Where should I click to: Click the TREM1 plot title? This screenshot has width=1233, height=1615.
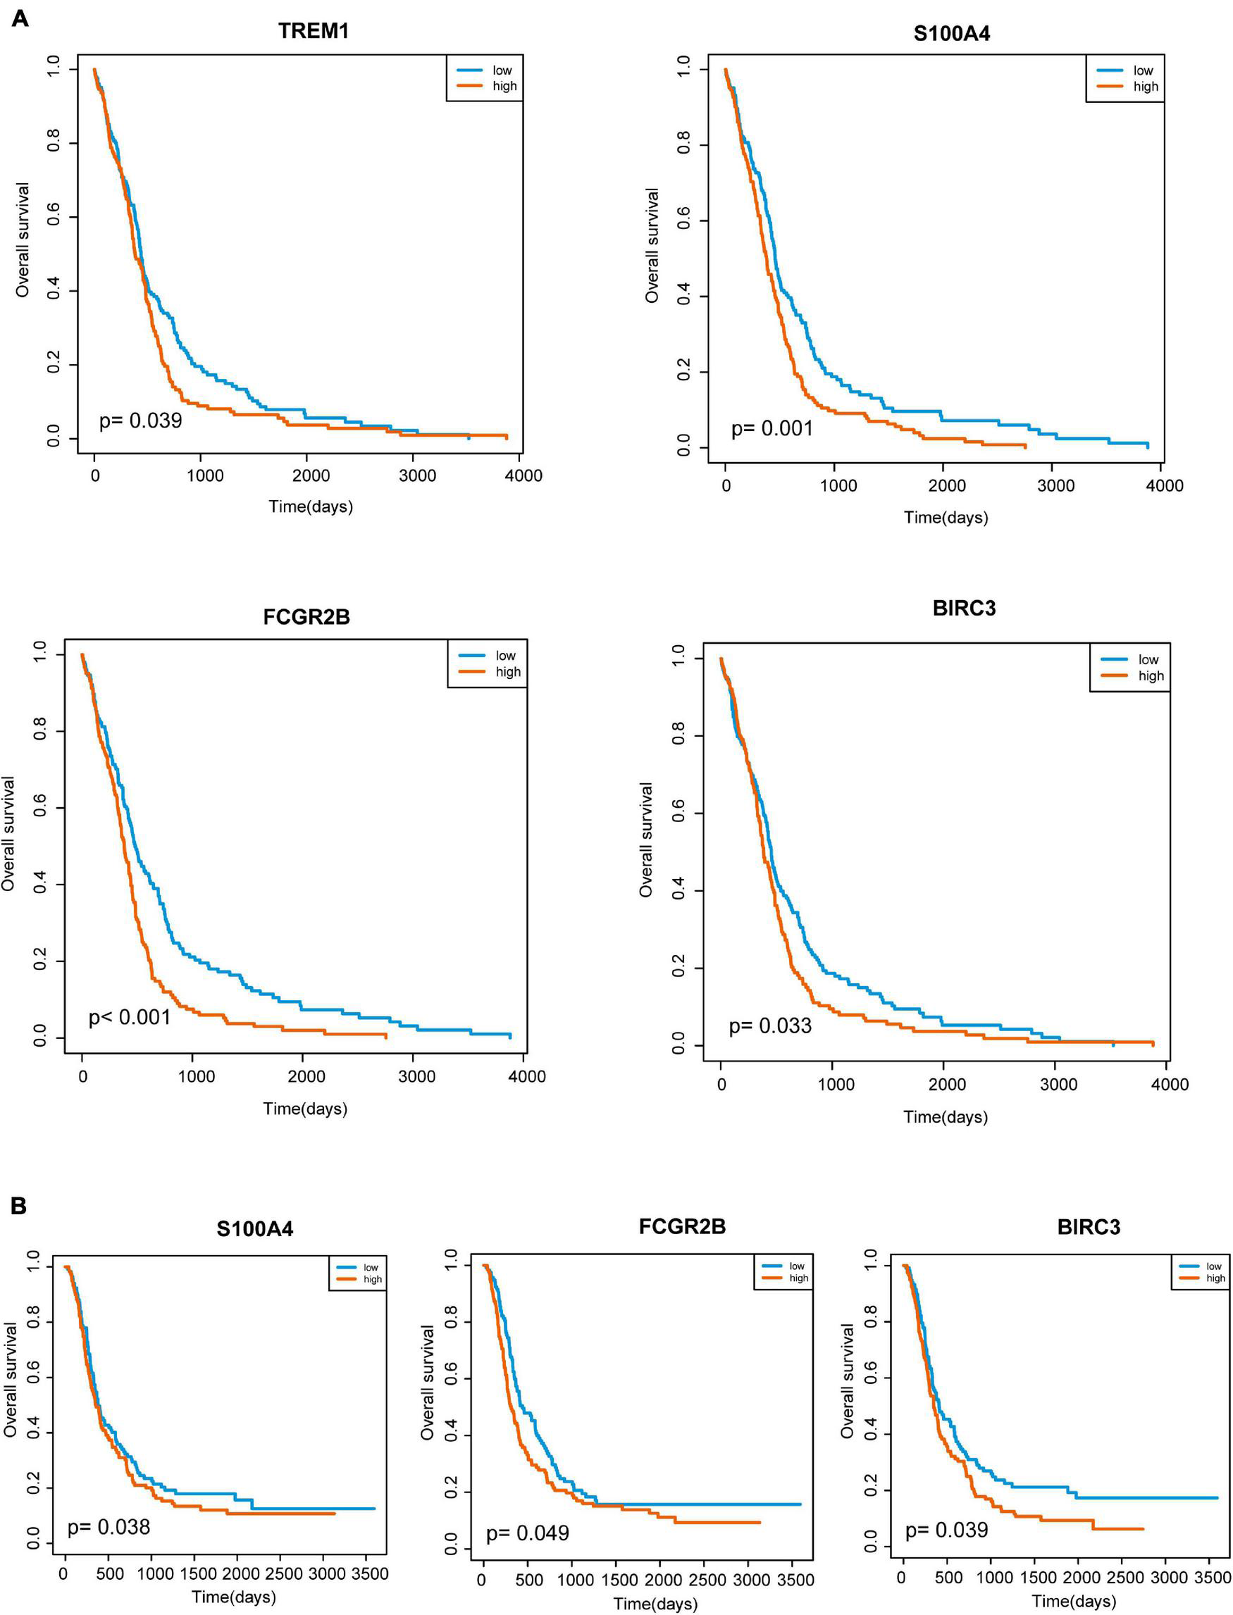[314, 31]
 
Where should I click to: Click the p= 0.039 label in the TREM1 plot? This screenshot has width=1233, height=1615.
[140, 420]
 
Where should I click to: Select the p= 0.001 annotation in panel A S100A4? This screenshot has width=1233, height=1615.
[772, 428]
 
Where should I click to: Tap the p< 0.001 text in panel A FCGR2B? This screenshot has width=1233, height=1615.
[129, 1018]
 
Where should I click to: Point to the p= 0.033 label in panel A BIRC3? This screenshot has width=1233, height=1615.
[770, 1025]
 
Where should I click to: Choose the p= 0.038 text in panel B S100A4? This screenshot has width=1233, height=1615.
[109, 1527]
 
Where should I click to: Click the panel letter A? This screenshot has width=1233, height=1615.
[20, 18]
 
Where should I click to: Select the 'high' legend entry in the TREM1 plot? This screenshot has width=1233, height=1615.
[504, 86]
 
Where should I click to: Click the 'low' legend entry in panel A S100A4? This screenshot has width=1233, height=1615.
[1143, 70]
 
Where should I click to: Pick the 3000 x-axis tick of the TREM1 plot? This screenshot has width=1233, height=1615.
[417, 475]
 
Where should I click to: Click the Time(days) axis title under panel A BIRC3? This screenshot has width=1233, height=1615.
[946, 1117]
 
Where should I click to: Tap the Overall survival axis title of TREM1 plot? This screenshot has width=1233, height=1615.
[23, 240]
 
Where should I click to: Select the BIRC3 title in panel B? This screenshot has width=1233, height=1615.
[1089, 1228]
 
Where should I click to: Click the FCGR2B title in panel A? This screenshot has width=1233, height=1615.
[306, 617]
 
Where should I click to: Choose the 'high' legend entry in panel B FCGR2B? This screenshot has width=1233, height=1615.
[798, 1278]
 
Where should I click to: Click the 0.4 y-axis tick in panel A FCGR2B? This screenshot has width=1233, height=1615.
[39, 885]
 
